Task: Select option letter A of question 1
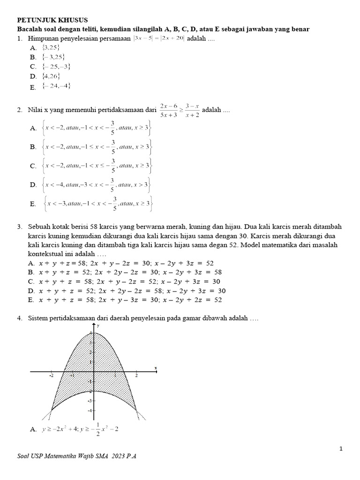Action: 33,48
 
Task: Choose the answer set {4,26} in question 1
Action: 51,76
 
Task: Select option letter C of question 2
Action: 33,166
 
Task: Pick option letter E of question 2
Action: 33,204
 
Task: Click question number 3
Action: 20,227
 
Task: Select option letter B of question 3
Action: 31,272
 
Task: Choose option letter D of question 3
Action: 31,291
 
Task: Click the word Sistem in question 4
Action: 38,318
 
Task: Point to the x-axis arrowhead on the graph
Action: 155,371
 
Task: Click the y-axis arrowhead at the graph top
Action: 94,326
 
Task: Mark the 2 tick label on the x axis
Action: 136,376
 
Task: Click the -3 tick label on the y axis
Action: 90,401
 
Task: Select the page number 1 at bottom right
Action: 341,449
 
